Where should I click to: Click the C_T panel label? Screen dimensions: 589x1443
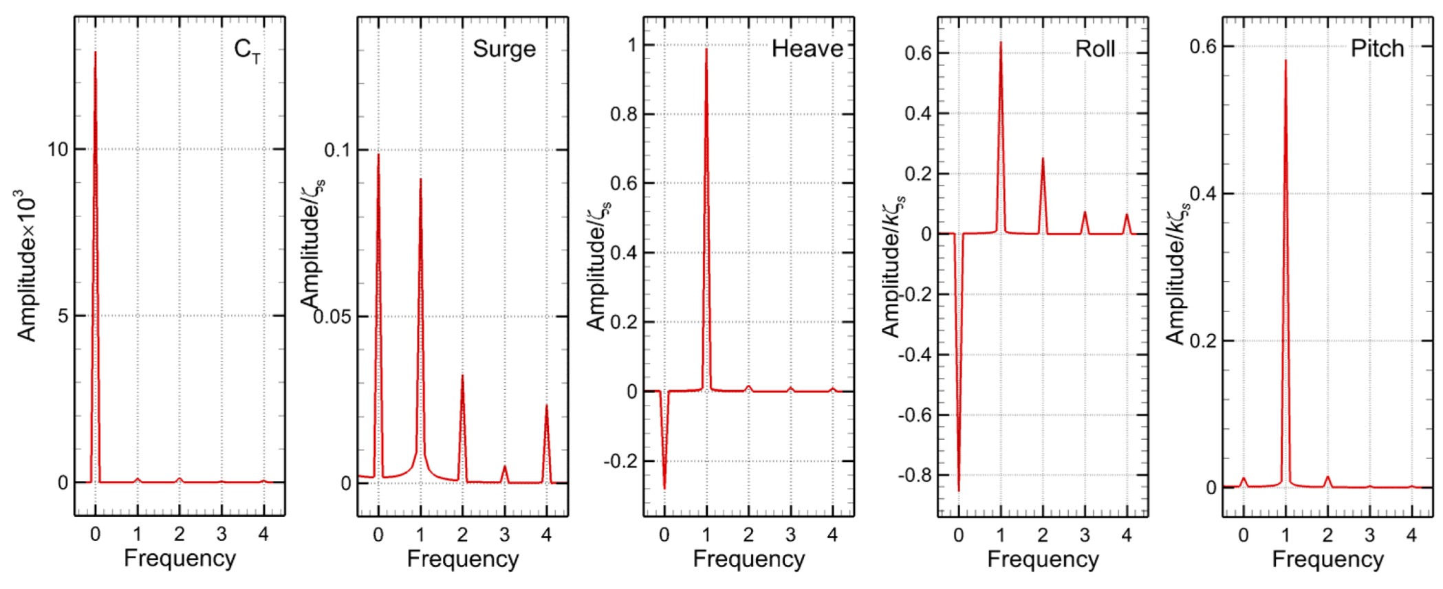tap(247, 50)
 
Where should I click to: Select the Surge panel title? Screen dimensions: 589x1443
tap(503, 49)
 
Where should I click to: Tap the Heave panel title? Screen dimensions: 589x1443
tap(807, 49)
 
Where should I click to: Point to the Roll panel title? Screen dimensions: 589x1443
tap(1095, 49)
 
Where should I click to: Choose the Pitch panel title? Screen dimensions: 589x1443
tap(1377, 48)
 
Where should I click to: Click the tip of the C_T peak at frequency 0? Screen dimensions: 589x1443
tap(95, 52)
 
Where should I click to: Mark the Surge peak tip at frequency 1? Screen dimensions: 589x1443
tap(420, 179)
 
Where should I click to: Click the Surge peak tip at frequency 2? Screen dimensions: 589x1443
tap(462, 376)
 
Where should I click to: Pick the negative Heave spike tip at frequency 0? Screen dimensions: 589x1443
tap(664, 489)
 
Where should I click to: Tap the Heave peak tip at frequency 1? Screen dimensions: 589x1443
tap(706, 49)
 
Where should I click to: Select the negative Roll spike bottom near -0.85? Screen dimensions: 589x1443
tap(958, 491)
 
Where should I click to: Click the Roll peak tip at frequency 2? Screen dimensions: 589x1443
tap(1043, 159)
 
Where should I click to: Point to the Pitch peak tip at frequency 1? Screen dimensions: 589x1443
tap(1285, 60)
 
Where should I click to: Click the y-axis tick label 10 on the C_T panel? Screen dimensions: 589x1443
tap(58, 149)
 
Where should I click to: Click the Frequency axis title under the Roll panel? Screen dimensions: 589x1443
tap(1043, 559)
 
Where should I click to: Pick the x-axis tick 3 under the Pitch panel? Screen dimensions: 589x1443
tap(1369, 535)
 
